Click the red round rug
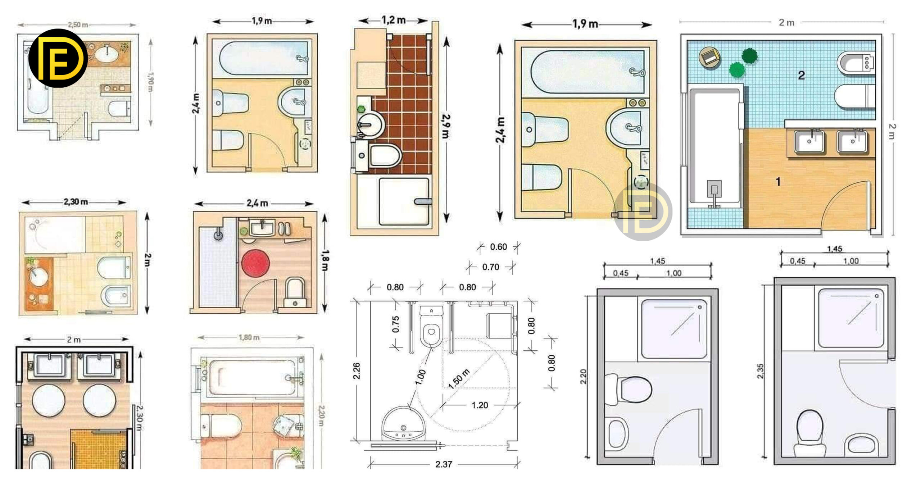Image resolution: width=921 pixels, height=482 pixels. pos(255,263)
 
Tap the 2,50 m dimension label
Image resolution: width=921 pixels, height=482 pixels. pos(78,25)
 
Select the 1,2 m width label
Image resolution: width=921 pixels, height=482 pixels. pos(393,21)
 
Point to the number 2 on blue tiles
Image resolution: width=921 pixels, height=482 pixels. pos(801,76)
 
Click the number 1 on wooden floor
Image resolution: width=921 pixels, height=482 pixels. pos(778,182)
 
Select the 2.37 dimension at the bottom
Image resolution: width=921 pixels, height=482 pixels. pos(443,464)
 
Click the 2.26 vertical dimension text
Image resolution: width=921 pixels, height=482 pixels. pos(357,370)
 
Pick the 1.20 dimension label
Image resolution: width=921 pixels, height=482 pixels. pos(480,405)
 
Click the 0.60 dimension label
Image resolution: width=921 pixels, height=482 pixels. pos(498,247)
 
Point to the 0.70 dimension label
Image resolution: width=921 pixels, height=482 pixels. pos(491,267)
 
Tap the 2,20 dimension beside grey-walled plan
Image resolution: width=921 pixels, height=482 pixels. pos(583,376)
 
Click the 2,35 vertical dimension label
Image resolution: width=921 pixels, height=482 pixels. pos(760,370)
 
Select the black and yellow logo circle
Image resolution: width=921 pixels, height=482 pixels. pos(58,58)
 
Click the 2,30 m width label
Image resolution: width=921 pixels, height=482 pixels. pos(76,202)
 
